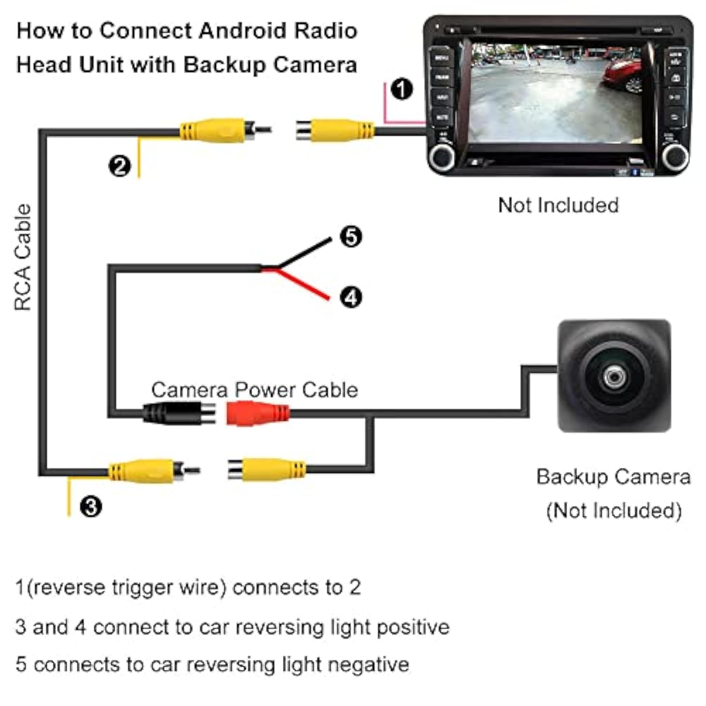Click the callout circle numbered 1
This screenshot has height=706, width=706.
(401, 89)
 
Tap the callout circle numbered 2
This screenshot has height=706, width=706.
(120, 166)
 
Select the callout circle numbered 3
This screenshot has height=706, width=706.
(90, 507)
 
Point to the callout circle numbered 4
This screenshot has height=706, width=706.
(351, 297)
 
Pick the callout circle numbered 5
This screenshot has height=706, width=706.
(351, 236)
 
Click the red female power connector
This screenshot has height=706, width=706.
(257, 414)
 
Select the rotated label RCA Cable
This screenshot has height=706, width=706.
(23, 257)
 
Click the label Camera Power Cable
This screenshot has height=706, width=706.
(254, 390)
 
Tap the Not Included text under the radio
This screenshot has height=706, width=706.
(558, 205)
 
